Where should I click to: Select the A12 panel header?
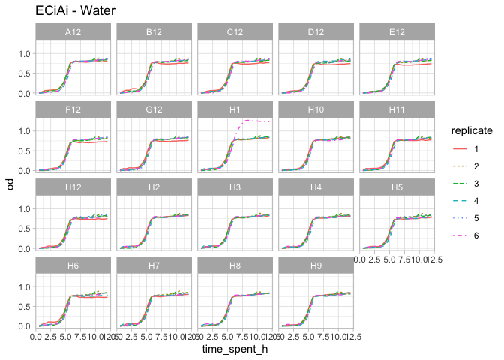tap(73, 32)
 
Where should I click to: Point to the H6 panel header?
tap(73, 265)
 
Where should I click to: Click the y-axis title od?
tap(10, 181)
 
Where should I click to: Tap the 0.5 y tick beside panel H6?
tap(25, 306)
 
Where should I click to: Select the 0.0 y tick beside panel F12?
tap(25, 171)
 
